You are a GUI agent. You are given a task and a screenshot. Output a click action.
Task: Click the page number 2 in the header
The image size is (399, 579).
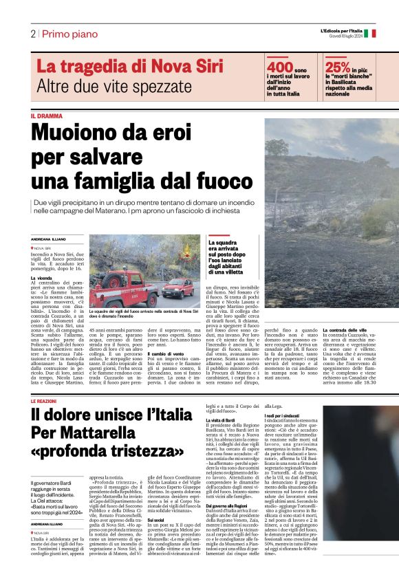[33, 34]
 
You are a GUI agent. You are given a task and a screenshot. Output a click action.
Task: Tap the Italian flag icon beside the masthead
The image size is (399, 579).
[370, 32]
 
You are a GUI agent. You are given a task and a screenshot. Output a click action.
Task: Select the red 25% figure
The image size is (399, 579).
[337, 67]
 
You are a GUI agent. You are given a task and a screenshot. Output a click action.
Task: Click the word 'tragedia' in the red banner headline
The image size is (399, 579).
[100, 67]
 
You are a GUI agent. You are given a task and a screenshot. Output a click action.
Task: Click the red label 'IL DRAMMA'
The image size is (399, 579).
[46, 116]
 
